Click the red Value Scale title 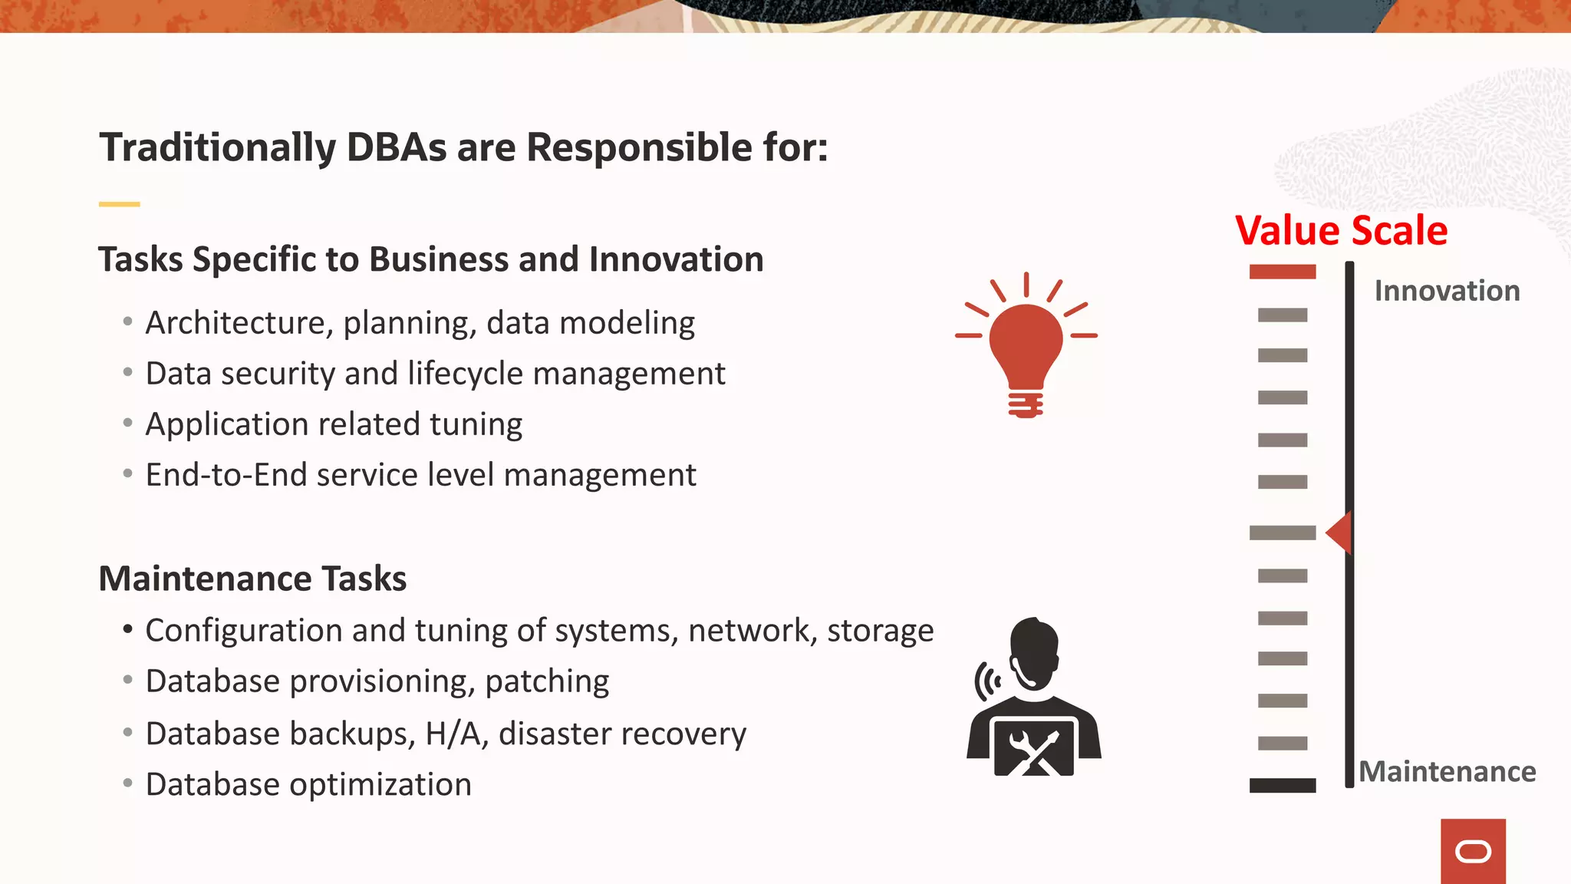[1341, 231]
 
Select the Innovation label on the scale [1447, 292]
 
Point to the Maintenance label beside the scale [1447, 772]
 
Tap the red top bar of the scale [1283, 272]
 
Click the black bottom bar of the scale [1283, 785]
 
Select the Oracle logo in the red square [1473, 852]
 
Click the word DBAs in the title [396, 147]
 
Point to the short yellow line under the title [119, 204]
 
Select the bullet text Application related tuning [334, 424]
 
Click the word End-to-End [226, 475]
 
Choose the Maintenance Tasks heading [252, 579]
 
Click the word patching [547, 681]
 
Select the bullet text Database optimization [308, 784]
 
